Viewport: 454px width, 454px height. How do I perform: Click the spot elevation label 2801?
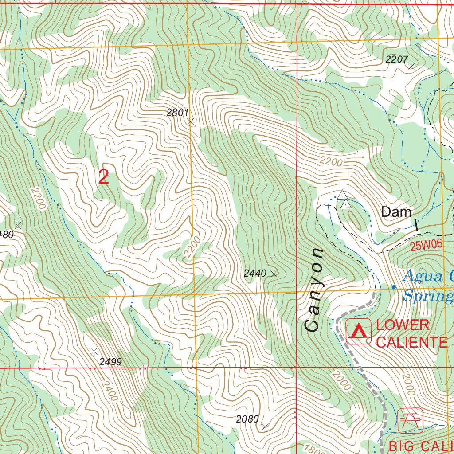177,113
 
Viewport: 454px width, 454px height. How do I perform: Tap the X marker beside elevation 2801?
191,121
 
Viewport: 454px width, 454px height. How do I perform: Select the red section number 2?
103,177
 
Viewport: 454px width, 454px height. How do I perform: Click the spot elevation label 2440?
255,274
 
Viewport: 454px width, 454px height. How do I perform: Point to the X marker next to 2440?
274,274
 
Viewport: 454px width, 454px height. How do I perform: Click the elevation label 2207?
397,59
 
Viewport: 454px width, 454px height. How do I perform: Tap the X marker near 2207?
411,67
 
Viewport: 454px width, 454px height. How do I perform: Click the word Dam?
396,212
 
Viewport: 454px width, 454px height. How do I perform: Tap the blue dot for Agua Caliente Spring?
394,287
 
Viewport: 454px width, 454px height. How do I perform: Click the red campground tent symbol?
359,331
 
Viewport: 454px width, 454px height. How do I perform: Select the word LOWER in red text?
403,325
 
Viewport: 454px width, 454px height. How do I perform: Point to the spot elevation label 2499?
110,362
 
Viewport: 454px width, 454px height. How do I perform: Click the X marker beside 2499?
94,351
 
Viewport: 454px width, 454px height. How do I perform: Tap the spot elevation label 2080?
247,419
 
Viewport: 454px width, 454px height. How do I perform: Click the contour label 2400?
109,391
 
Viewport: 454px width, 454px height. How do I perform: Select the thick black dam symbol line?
416,225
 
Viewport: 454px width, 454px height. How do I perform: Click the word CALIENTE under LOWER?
411,342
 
